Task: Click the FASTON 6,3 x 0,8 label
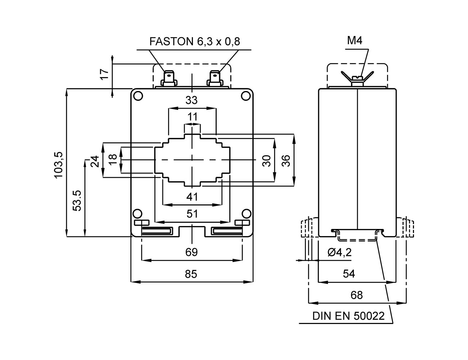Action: pyautogui.click(x=195, y=42)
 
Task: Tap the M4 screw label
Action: pyautogui.click(x=354, y=40)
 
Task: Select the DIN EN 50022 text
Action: pyautogui.click(x=348, y=316)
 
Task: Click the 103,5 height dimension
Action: pyautogui.click(x=59, y=164)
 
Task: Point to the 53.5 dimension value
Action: pyautogui.click(x=77, y=200)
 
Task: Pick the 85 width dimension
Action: pyautogui.click(x=192, y=274)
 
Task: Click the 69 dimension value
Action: pyautogui.click(x=192, y=252)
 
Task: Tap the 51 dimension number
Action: pyautogui.click(x=192, y=214)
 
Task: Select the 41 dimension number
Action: pyautogui.click(x=192, y=197)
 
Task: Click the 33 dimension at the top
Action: pyautogui.click(x=192, y=100)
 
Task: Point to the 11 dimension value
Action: pyautogui.click(x=192, y=117)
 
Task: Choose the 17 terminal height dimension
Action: pyautogui.click(x=104, y=74)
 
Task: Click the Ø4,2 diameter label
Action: pyautogui.click(x=339, y=252)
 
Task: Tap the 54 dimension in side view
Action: pyautogui.click(x=348, y=274)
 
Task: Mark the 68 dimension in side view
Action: pyautogui.click(x=356, y=295)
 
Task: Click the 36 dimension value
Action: pyautogui.click(x=286, y=161)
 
